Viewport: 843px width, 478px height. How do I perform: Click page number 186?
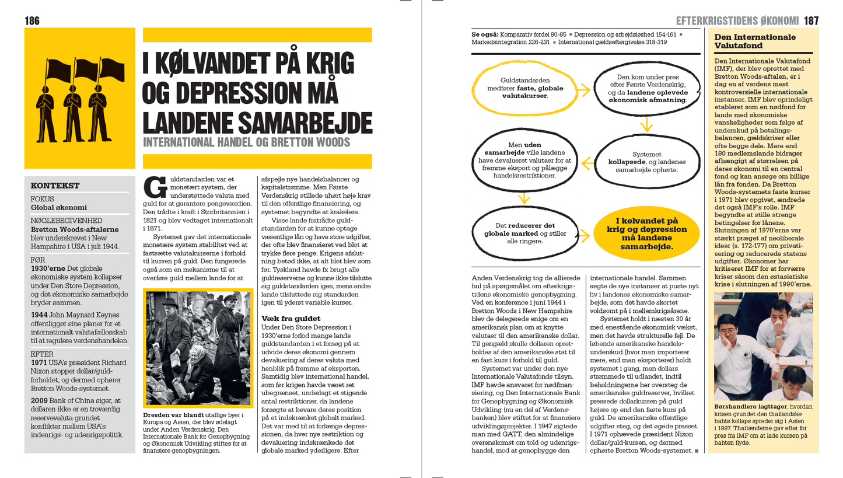click(x=32, y=21)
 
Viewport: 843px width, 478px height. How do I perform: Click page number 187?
click(x=811, y=21)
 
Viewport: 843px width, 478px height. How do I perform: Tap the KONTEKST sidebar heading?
click(x=55, y=186)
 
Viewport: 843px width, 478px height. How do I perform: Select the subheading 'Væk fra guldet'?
click(x=291, y=319)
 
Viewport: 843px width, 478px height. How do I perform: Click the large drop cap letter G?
click(x=155, y=187)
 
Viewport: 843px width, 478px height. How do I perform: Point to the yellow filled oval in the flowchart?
click(x=646, y=233)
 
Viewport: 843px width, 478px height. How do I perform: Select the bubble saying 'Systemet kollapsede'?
click(x=646, y=162)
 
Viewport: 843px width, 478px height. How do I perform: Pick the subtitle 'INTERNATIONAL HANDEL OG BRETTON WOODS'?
click(x=246, y=142)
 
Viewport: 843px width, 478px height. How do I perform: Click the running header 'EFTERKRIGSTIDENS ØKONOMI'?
click(x=737, y=21)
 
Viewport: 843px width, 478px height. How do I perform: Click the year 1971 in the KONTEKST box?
click(x=39, y=362)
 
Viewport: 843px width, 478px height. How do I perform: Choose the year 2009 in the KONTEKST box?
click(x=39, y=400)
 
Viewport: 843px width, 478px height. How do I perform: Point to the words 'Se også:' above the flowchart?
click(x=484, y=34)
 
